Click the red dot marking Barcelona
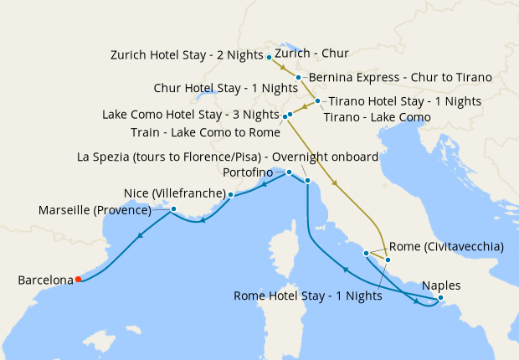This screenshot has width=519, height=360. [78, 280]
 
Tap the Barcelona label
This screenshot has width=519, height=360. [45, 280]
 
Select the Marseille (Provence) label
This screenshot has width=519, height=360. [95, 210]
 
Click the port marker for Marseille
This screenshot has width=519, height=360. [173, 208]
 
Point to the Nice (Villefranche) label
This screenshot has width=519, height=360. [174, 191]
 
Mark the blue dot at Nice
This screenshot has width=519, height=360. [231, 194]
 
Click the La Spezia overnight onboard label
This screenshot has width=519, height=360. [228, 157]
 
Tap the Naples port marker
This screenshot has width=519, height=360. [441, 298]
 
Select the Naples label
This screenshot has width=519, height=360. [441, 285]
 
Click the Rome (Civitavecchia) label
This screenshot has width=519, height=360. [446, 246]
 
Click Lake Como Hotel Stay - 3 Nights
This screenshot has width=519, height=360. [190, 115]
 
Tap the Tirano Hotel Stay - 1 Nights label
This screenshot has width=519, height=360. [405, 101]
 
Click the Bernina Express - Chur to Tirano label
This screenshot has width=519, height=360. [400, 77]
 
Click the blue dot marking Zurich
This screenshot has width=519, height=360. [269, 57]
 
